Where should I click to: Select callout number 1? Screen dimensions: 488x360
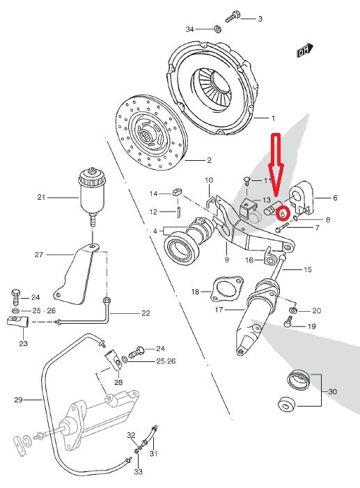274,118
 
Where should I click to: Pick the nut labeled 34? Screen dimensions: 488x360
217,29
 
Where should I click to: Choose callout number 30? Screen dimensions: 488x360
332,392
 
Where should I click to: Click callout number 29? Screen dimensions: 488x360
19,400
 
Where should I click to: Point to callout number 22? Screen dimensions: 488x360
145,313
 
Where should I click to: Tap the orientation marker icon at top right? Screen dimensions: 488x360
302,51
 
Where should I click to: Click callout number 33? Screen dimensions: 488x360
138,471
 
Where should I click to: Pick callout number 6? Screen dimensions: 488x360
334,198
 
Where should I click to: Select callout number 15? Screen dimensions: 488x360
308,269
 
